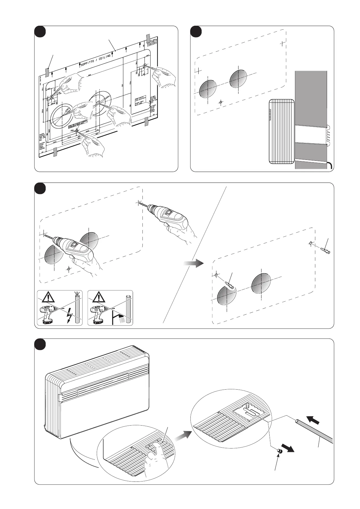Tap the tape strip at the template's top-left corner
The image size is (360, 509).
click(x=47, y=72)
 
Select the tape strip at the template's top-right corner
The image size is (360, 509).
click(x=148, y=38)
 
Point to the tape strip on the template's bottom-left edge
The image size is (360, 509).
click(x=55, y=152)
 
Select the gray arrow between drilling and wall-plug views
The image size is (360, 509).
click(x=193, y=263)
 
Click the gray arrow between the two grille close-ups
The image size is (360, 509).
click(x=183, y=436)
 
